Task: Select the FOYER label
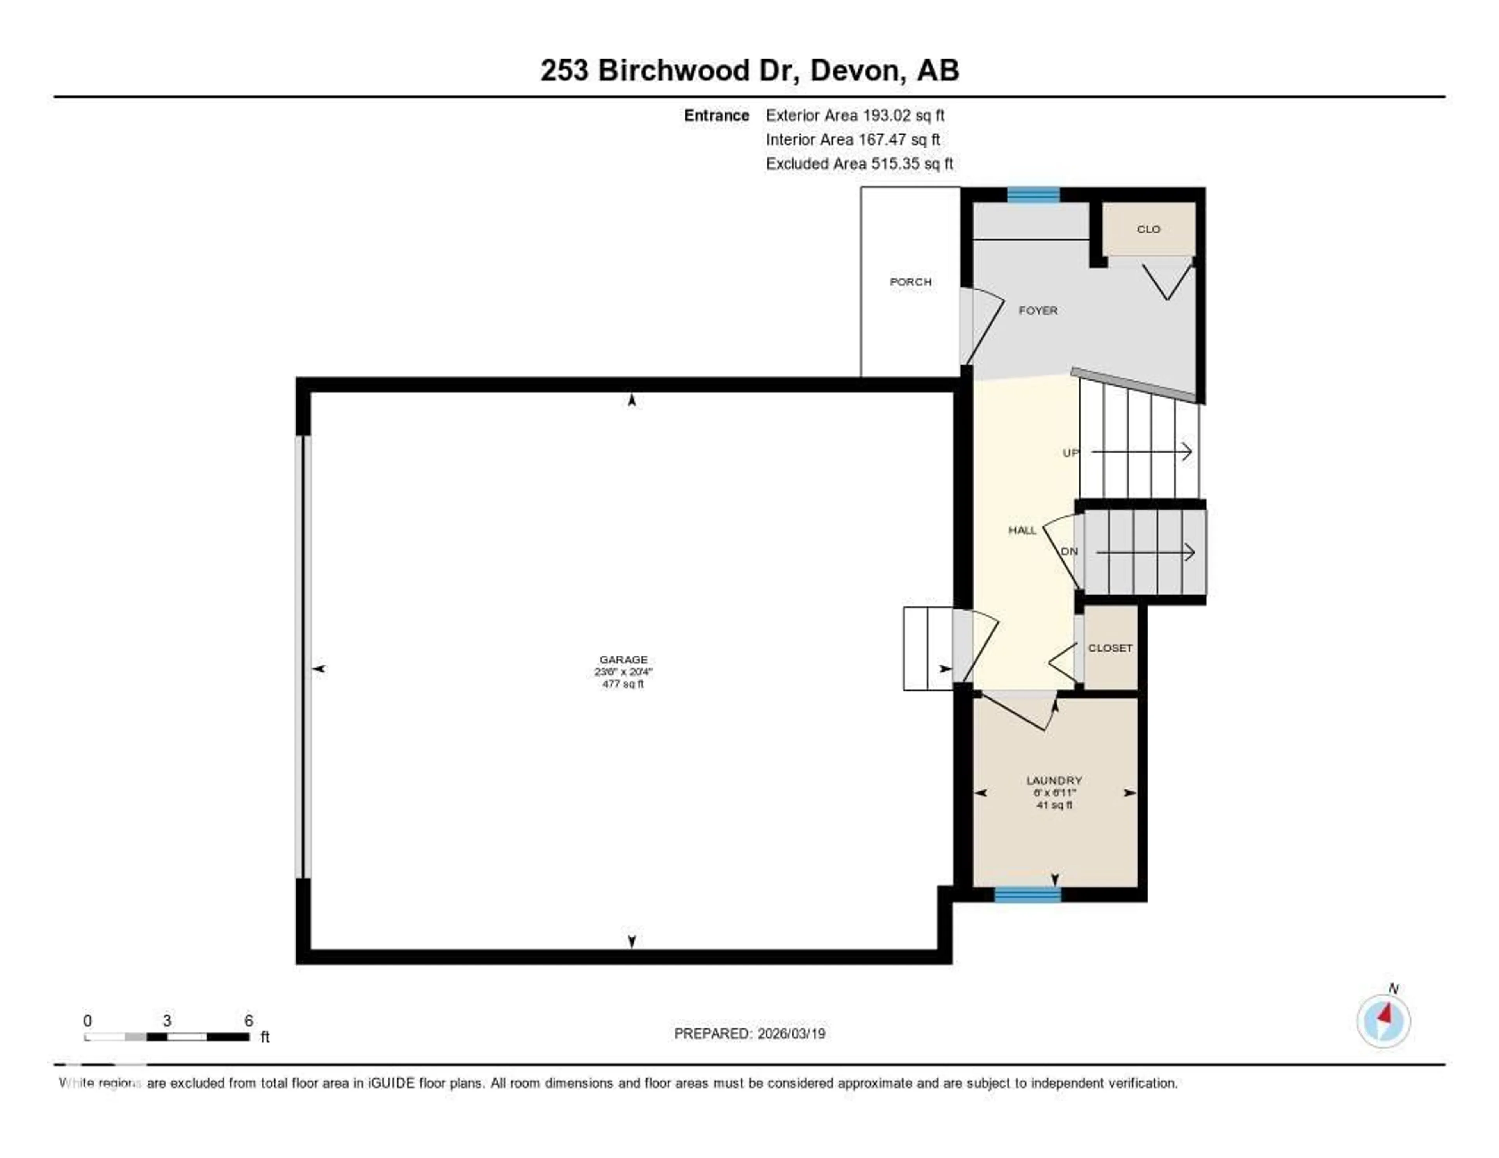(x=1037, y=310)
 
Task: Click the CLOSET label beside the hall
(x=1110, y=648)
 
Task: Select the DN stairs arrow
(x=1145, y=552)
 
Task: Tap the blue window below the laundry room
(x=1027, y=894)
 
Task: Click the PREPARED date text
(x=749, y=1034)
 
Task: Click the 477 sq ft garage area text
(x=623, y=684)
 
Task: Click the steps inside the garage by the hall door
(x=927, y=648)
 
